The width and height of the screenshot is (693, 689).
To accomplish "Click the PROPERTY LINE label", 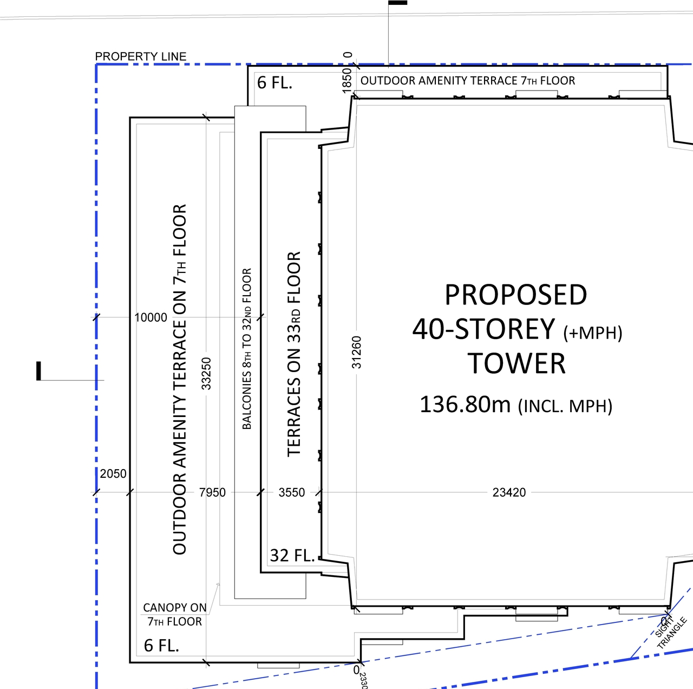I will (140, 56).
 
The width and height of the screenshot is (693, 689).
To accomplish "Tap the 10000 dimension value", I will (151, 318).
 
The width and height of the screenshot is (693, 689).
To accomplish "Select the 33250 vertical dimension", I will (206, 373).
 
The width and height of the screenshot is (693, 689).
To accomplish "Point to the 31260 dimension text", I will (356, 353).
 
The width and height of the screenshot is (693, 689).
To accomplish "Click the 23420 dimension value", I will (509, 492).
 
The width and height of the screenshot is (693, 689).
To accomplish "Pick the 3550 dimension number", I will (291, 492).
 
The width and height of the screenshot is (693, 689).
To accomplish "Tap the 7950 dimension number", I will (212, 492).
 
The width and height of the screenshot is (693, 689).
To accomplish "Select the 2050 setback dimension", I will (113, 474).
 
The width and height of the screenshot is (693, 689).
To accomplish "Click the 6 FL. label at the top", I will (274, 83).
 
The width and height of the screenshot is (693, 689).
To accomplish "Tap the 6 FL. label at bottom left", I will (161, 646).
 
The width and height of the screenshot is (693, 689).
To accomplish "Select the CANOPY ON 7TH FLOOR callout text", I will (174, 615).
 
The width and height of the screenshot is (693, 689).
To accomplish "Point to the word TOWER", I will (517, 363).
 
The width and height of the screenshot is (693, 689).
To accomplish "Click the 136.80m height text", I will (465, 405).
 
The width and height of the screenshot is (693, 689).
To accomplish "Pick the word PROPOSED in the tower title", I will (515, 295).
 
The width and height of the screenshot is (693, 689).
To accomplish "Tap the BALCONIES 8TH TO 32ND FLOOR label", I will (247, 349).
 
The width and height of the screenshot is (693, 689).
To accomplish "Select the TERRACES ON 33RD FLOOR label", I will (293, 354).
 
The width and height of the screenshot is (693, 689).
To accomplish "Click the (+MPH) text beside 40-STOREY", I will (593, 333).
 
